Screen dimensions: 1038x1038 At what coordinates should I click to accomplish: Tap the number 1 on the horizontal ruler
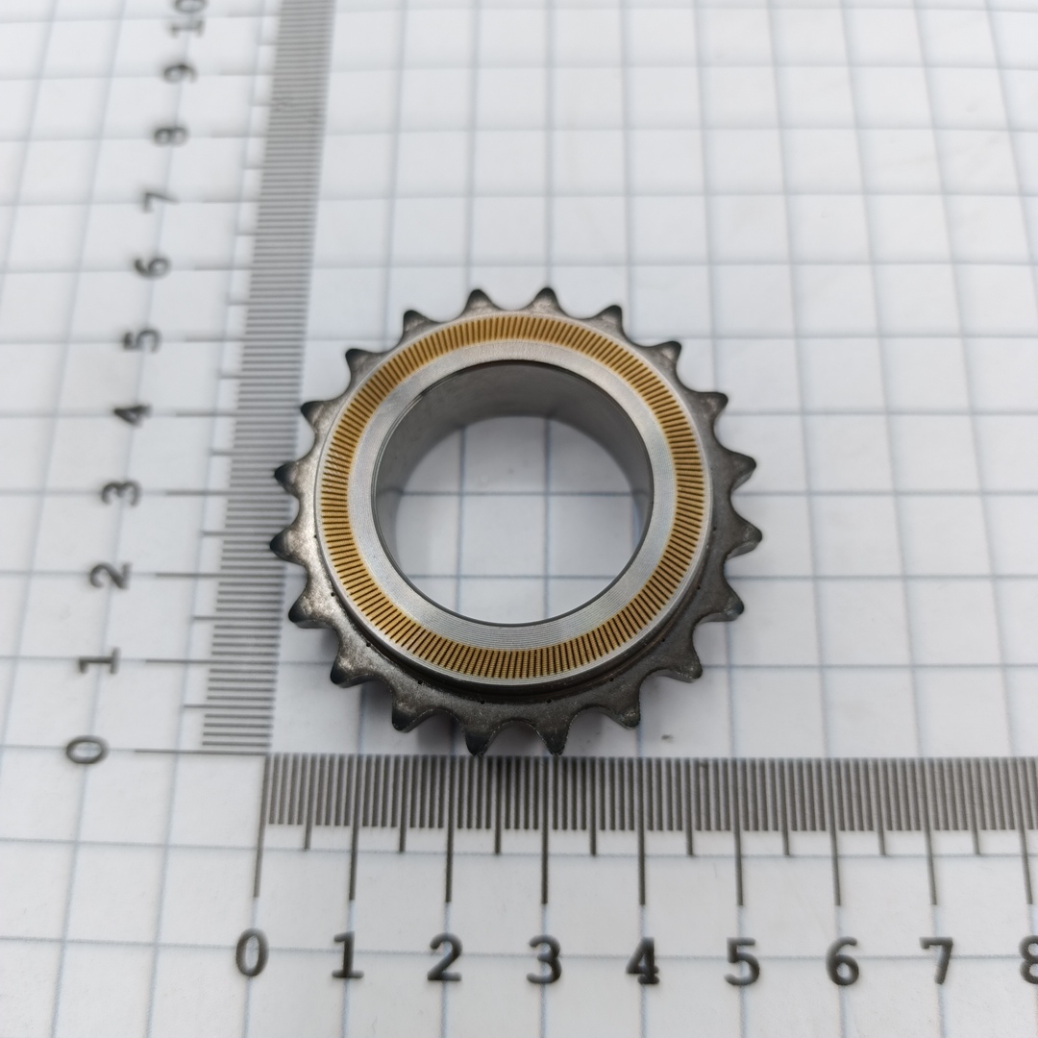[x=347, y=957]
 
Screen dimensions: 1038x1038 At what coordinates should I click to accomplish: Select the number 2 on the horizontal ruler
[x=445, y=957]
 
